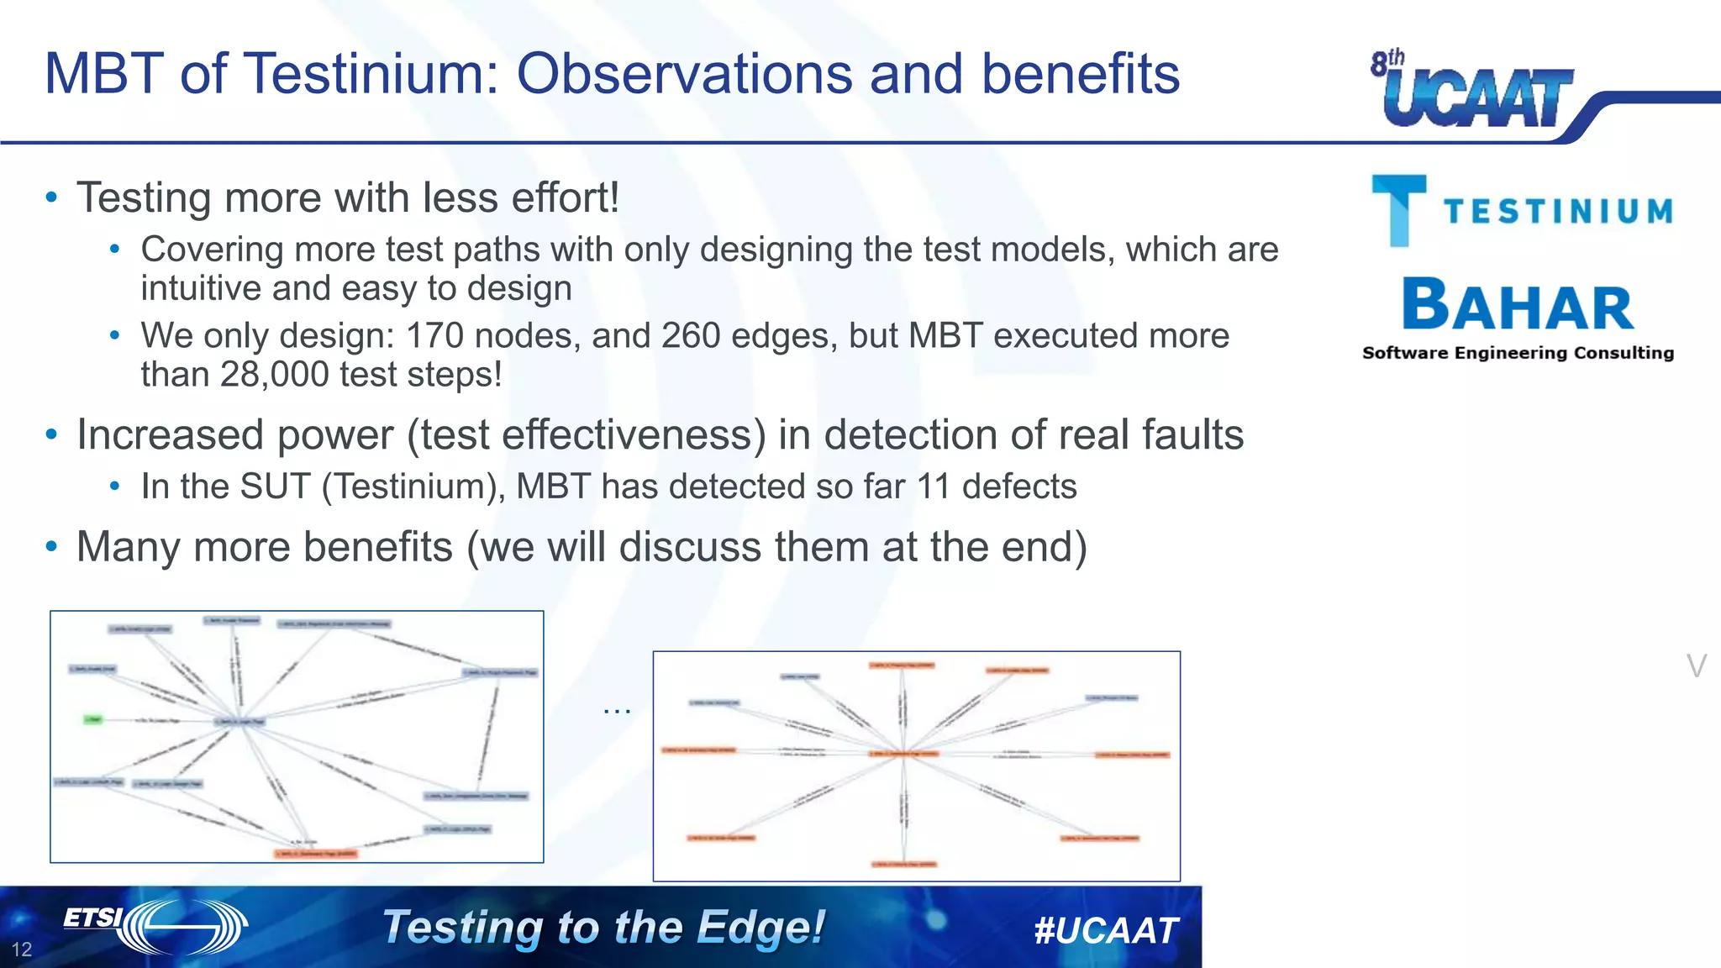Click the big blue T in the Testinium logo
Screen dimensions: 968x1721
[1398, 210]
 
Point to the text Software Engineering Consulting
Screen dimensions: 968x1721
[1518, 353]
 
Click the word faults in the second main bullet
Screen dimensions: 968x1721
[1192, 435]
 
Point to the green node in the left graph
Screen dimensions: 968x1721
[92, 719]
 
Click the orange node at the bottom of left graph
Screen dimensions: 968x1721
[316, 854]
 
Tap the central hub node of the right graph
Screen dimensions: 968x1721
[904, 754]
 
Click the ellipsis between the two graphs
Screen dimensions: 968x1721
[616, 711]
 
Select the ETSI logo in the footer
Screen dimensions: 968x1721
[155, 926]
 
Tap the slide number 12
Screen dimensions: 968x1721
[22, 950]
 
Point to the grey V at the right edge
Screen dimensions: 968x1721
[1696, 666]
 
